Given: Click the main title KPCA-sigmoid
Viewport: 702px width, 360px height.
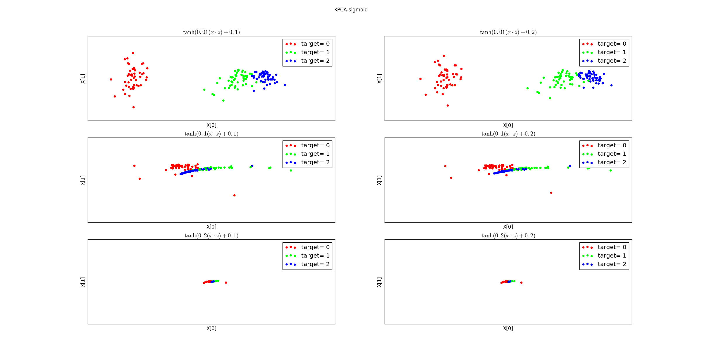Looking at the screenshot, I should coord(351,10).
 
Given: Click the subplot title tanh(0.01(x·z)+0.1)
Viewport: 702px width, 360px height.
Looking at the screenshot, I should coord(211,32).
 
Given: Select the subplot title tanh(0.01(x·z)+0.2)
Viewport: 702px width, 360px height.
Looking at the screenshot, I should coord(508,32).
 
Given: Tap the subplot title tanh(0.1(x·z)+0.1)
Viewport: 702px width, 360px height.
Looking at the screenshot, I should coord(211,134).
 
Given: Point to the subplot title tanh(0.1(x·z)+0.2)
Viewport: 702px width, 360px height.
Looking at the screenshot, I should coord(508,134).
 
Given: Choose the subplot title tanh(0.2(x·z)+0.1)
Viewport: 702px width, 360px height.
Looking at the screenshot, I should coord(211,236).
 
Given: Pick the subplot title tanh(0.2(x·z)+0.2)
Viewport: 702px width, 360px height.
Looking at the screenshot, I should coord(508,236).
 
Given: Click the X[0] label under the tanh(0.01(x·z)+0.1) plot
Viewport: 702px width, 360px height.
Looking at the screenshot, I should coord(211,125).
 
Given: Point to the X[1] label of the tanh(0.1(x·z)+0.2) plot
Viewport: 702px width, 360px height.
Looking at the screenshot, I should coord(379,180).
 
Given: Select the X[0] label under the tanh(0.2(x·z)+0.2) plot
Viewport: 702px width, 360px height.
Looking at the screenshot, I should coord(508,328).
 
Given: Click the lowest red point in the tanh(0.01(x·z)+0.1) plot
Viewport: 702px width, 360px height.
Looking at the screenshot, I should coord(133,107).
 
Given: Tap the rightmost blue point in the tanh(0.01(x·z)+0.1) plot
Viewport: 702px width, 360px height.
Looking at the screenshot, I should coord(285,85).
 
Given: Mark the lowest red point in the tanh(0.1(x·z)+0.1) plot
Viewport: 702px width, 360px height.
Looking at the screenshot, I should coord(234,195).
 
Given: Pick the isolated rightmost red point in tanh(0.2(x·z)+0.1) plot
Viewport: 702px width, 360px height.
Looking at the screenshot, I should coord(226,282).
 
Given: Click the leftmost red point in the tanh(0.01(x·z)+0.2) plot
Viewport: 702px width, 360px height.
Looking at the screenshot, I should coord(420,79).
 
